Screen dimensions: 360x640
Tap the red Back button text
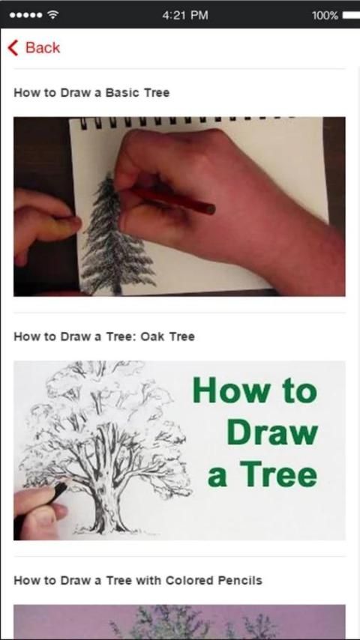(x=43, y=48)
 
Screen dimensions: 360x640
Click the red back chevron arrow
(x=13, y=48)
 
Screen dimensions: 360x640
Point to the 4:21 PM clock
(x=185, y=16)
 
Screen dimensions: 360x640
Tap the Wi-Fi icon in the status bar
(x=52, y=15)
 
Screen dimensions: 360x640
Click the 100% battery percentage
(x=325, y=16)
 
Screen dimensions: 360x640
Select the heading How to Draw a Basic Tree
(x=91, y=93)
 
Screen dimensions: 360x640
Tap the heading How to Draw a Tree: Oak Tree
(x=104, y=336)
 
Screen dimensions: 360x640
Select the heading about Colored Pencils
(x=138, y=580)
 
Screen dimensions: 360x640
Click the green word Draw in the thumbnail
(x=272, y=433)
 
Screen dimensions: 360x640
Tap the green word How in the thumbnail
(x=230, y=391)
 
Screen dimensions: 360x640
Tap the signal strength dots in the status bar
(x=25, y=16)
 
